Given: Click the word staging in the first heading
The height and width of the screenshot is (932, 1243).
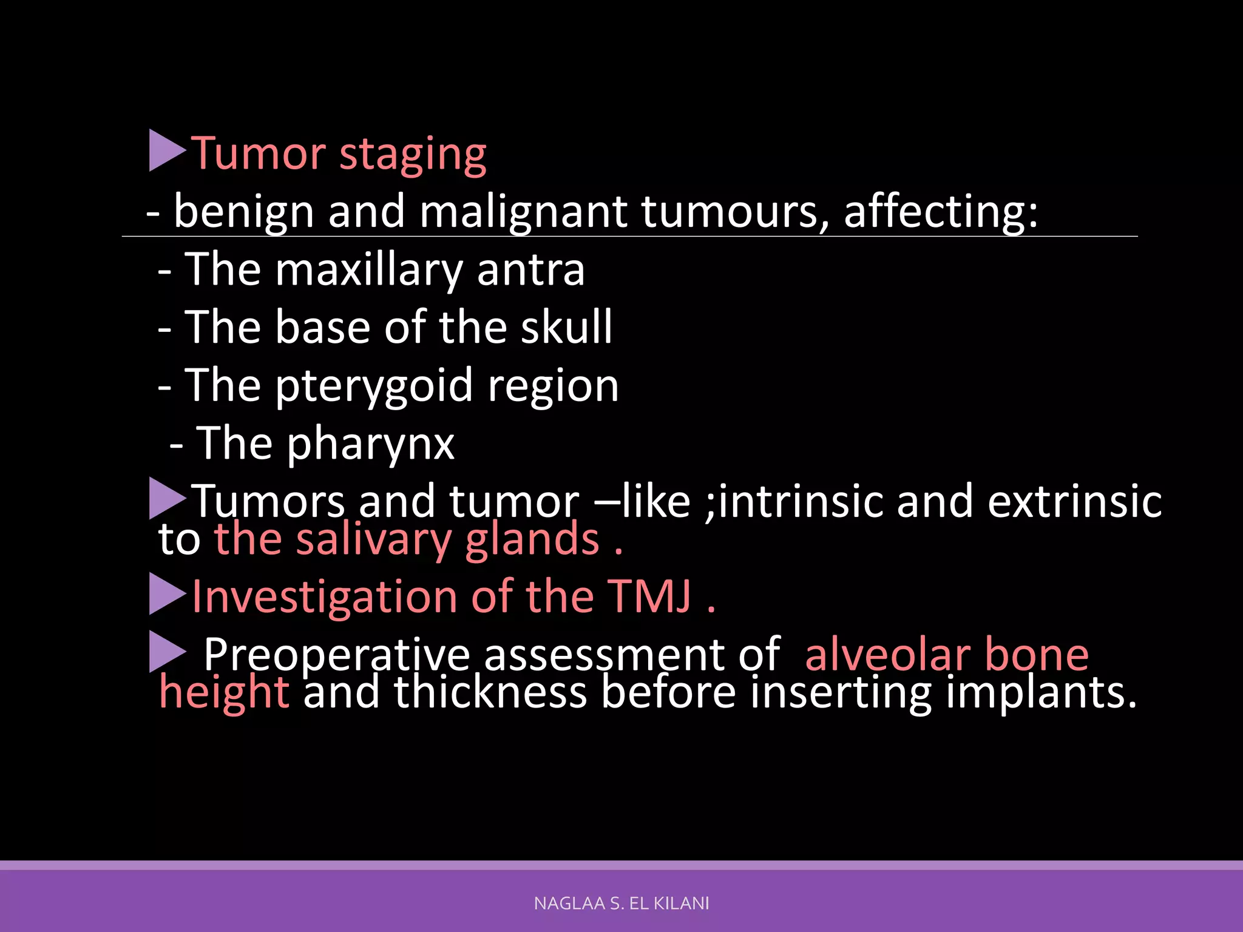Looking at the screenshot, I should (x=413, y=155).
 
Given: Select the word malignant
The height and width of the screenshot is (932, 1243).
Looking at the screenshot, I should (x=523, y=212).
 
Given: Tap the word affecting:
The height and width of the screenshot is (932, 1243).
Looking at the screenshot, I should (x=941, y=212).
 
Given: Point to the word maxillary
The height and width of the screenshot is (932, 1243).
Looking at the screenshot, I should (x=368, y=271).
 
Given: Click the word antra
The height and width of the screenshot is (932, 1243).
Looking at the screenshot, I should (x=530, y=271).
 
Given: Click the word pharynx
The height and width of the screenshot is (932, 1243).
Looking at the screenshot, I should (x=370, y=445).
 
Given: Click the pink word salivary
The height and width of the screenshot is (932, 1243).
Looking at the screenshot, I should (x=373, y=540).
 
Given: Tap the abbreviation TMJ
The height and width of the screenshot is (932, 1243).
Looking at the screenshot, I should (x=649, y=597).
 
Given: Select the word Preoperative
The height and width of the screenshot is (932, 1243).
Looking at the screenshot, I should (x=337, y=655).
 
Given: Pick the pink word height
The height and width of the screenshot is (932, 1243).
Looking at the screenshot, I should (x=223, y=693).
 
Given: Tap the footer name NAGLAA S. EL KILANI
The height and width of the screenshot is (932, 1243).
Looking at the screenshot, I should (x=621, y=903).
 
